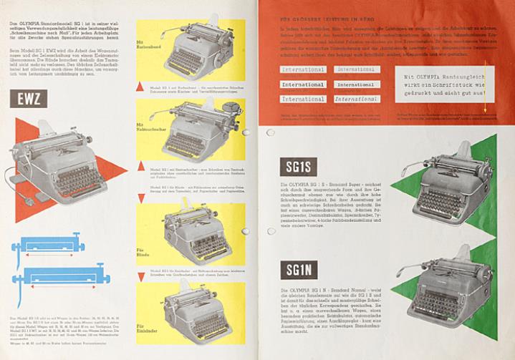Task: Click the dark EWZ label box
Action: coord(29,98)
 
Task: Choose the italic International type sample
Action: coord(356,98)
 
